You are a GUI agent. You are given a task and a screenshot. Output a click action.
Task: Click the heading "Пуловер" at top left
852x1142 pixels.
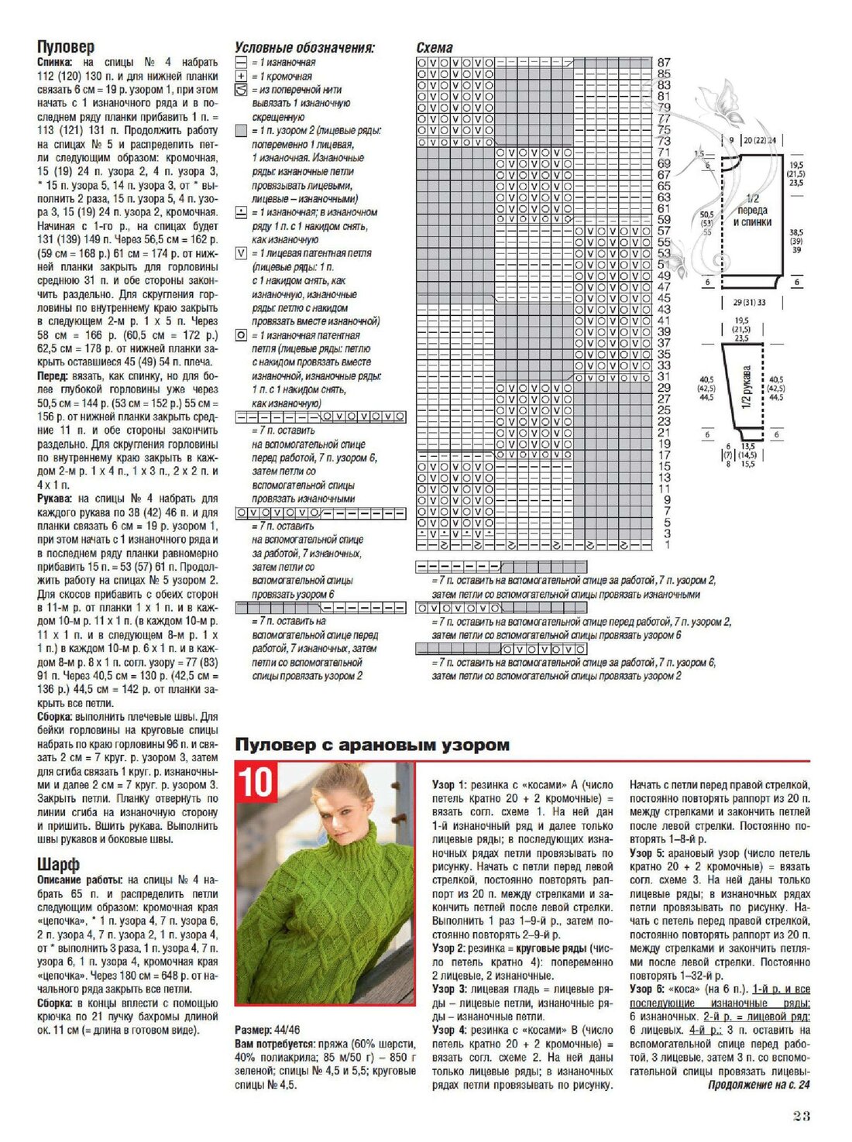pyautogui.click(x=66, y=47)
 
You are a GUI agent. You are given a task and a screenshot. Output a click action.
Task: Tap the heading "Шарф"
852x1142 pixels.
pyautogui.click(x=58, y=864)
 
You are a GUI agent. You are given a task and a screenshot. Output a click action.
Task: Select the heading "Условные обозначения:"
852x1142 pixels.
pyautogui.click(x=304, y=48)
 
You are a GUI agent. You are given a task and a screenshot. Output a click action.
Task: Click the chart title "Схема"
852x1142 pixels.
pyautogui.click(x=435, y=48)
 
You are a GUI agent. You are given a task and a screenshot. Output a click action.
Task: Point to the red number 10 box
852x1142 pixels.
pyautogui.click(x=255, y=782)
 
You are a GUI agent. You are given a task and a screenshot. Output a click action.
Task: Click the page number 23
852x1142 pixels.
pyautogui.click(x=801, y=1116)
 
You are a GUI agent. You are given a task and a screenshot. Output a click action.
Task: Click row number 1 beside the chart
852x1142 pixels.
pyautogui.click(x=667, y=545)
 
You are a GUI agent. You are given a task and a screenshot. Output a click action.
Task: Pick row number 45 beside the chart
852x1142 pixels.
pyautogui.click(x=664, y=298)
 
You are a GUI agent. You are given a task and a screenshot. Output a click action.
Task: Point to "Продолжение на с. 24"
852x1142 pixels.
pyautogui.click(x=758, y=1085)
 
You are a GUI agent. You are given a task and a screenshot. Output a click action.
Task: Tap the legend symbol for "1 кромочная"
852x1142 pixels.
pyautogui.click(x=241, y=76)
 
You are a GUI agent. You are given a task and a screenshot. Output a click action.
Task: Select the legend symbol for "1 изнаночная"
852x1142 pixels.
pyautogui.click(x=241, y=62)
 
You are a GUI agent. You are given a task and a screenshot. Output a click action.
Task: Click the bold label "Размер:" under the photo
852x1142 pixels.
pyautogui.click(x=253, y=1031)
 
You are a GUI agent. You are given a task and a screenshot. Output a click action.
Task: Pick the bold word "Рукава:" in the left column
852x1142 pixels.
pyautogui.click(x=55, y=499)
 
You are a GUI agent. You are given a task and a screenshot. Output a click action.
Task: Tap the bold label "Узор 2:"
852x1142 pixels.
pyautogui.click(x=449, y=948)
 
